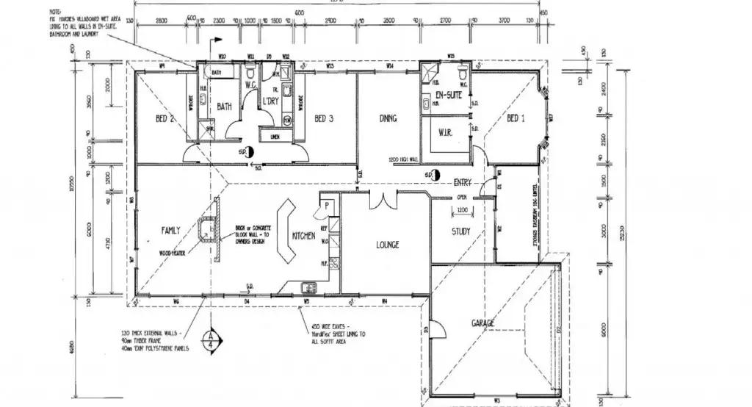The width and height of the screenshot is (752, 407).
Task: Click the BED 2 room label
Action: point(164,119)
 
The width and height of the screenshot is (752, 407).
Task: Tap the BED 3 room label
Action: point(324,119)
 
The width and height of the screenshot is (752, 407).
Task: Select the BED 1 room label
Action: point(516,118)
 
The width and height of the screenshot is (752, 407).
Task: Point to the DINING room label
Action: point(388,118)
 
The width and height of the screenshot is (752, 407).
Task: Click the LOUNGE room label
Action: point(387,245)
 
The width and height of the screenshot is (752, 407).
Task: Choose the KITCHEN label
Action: point(303,237)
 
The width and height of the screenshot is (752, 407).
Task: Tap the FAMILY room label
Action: point(170,231)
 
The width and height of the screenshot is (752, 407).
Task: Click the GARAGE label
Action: point(482,323)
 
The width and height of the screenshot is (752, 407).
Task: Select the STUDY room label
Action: point(461,232)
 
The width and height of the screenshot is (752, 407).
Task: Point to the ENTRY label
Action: point(462,182)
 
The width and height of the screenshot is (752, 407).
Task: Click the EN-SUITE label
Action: point(447,96)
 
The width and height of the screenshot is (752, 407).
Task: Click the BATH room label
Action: point(224,107)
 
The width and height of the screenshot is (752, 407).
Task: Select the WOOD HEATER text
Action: point(173,252)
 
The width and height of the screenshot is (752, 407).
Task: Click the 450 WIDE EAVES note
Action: point(337,335)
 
